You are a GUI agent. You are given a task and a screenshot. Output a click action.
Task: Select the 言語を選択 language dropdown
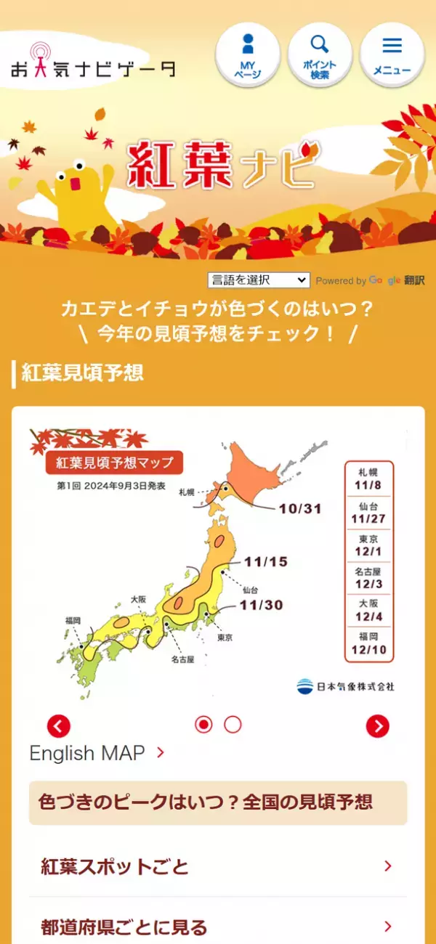(259, 280)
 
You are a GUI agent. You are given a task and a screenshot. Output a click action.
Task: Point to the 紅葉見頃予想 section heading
(83, 373)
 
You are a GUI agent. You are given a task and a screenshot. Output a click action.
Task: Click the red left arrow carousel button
(59, 725)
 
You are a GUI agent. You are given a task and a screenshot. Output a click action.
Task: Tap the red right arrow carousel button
(377, 725)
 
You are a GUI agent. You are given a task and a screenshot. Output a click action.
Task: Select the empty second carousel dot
(233, 724)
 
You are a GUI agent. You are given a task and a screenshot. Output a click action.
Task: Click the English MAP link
(97, 753)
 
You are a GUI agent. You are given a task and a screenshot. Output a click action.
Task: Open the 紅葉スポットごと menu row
(217, 866)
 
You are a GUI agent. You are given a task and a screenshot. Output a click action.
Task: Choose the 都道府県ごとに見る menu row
(217, 927)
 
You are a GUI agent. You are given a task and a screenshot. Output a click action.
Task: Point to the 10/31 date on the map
(299, 508)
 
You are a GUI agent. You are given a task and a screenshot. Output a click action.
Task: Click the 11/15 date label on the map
(266, 562)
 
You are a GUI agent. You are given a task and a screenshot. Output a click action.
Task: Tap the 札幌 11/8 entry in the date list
(368, 479)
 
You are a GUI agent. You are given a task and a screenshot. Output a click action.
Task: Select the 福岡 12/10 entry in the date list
(368, 643)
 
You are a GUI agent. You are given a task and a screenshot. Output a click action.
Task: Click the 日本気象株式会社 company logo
(345, 686)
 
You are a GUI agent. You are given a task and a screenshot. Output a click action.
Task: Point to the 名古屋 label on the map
(182, 660)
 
